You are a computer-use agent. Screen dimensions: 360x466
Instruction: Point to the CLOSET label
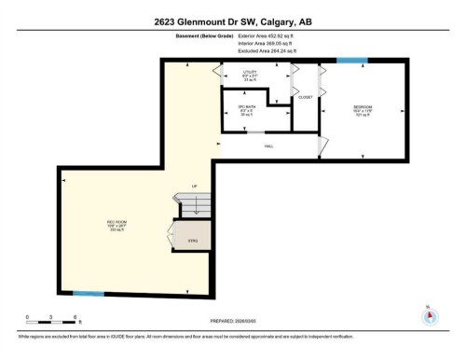click(x=305, y=96)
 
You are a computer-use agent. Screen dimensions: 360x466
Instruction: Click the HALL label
click(x=268, y=145)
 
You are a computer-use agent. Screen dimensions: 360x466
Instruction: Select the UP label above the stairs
click(x=194, y=187)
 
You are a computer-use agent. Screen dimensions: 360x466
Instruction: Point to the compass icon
click(x=429, y=314)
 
